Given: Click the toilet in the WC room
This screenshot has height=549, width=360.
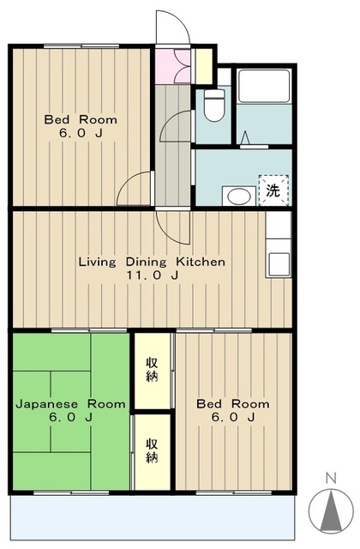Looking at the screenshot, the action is tap(214, 105).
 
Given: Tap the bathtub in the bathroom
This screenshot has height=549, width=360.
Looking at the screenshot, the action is tap(264, 86).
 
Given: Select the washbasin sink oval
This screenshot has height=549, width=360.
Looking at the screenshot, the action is tap(239, 196).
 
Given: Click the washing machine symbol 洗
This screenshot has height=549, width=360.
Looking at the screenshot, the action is tap(273, 190).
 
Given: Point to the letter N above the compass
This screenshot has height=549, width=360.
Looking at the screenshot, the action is tap(330, 478).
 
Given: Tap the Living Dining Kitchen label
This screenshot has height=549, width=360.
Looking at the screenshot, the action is tap(152, 262).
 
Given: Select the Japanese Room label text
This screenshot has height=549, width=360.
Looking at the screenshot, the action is tap(70, 404).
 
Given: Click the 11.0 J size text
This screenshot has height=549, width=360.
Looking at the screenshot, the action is tap(153, 275).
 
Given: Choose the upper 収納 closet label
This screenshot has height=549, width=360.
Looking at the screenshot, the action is tap(152, 369).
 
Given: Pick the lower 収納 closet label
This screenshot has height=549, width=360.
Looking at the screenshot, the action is tap(152, 450).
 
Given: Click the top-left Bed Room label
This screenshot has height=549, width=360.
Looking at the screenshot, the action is tap(81, 120).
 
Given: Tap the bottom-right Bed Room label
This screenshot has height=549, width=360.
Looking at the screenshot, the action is tap(233, 404).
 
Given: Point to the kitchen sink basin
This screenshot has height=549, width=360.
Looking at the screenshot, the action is tap(279, 263).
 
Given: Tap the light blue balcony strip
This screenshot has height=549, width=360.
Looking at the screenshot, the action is tap(153, 519).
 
